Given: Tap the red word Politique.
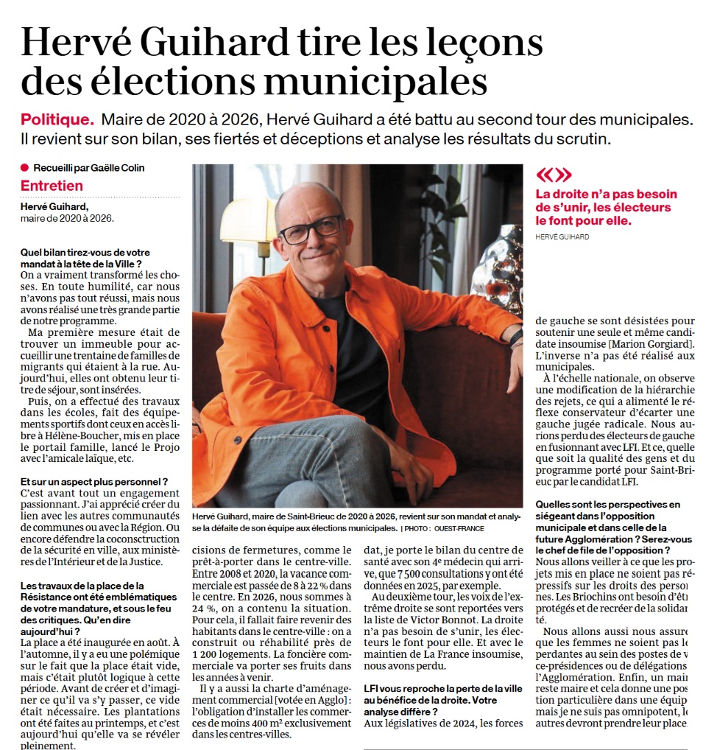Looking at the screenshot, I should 57,119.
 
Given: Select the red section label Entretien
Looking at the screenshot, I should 52,186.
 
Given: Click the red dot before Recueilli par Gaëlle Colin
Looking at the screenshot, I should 25,168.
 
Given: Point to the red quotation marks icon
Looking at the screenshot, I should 553,175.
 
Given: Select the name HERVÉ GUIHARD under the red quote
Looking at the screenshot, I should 563,236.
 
